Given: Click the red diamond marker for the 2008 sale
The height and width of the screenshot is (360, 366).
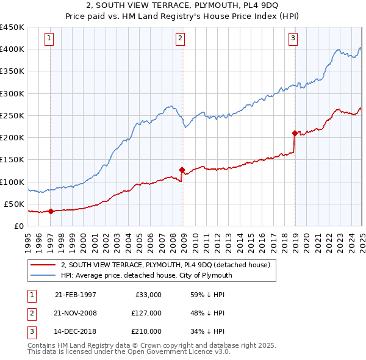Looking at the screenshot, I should (x=182, y=170).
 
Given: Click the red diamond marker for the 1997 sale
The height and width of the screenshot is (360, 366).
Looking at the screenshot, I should (x=51, y=212).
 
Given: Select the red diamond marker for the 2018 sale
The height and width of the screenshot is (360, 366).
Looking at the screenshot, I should (x=295, y=133).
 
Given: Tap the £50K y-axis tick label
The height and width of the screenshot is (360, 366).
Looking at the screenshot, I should (x=15, y=204).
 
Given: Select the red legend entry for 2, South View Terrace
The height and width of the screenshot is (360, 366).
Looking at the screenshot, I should (x=169, y=265).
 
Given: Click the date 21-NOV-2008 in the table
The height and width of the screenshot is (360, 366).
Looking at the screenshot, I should (x=76, y=313).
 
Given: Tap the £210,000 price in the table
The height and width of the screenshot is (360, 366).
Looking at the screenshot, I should (x=146, y=331).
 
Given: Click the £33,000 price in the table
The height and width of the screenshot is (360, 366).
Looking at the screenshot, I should (x=148, y=295).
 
